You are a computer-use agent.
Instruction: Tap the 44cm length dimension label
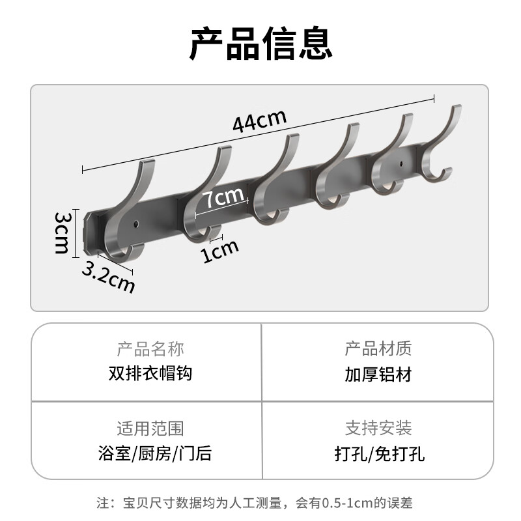[x=259, y=122]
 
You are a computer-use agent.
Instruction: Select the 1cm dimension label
[x=219, y=250]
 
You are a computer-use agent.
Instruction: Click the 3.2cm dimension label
[x=108, y=275]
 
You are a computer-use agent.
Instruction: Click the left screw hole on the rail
[x=136, y=225]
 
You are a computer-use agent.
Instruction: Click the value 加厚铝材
[x=378, y=374]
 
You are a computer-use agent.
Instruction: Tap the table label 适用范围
[x=150, y=428]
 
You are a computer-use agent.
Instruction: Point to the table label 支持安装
[x=378, y=428]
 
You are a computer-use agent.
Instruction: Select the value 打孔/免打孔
[x=378, y=453]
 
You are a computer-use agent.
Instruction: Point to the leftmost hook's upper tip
[x=150, y=162]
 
